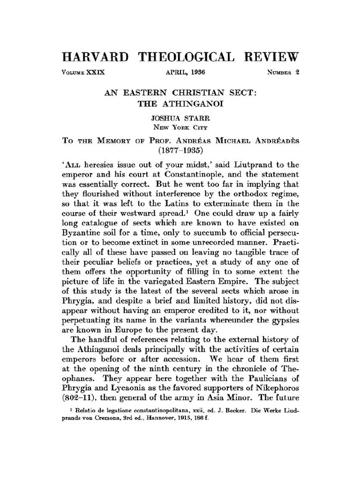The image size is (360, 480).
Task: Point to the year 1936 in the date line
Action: pos(197,73)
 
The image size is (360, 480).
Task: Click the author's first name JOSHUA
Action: pos(165,118)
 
